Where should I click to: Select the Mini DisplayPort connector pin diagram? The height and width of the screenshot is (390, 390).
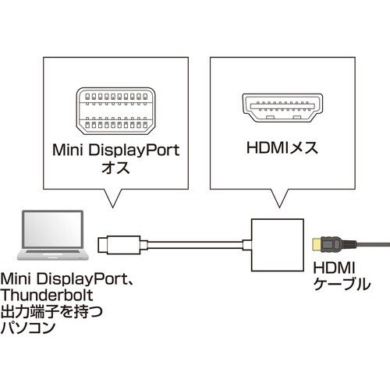(x=114, y=108)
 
